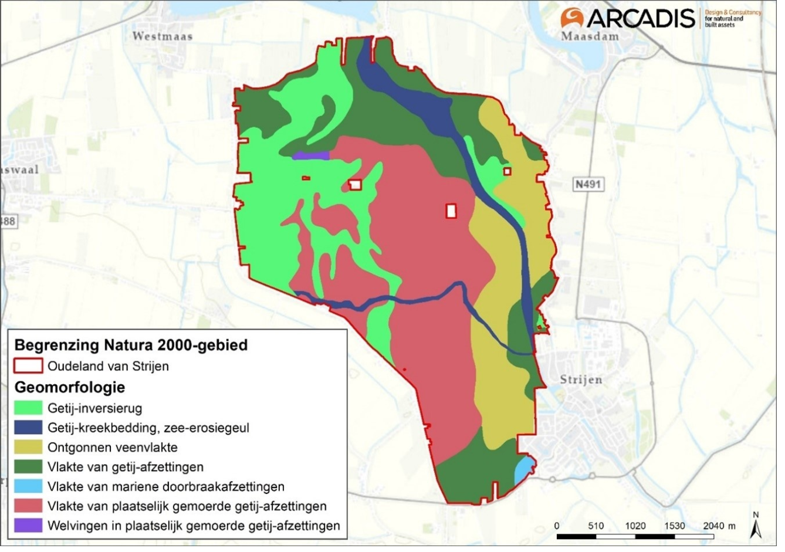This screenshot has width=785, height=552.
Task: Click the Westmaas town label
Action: (x=163, y=36)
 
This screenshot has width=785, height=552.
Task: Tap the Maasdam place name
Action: (x=590, y=36)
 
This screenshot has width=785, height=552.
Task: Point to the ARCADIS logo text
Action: (x=639, y=18)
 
